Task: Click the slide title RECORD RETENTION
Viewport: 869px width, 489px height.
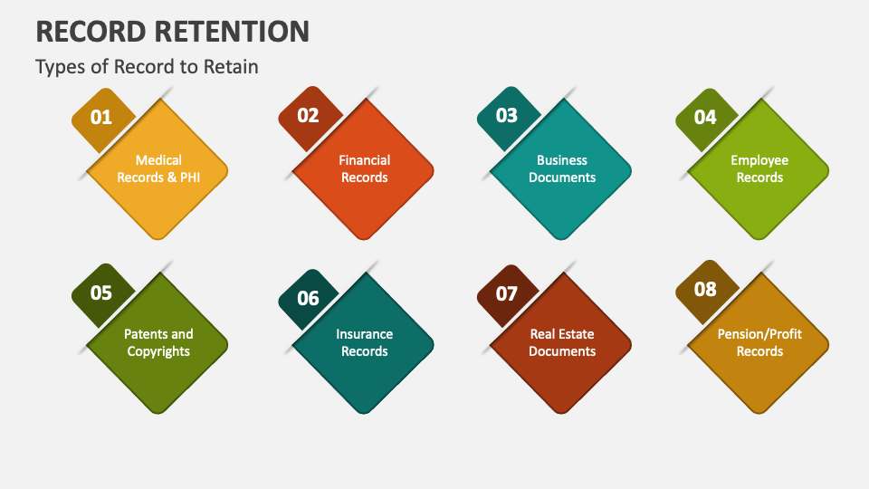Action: coord(172,31)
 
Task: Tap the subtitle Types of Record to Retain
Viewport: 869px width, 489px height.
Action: coord(147,67)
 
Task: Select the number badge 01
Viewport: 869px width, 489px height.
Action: coord(101,118)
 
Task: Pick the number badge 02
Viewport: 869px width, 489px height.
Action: coord(308,115)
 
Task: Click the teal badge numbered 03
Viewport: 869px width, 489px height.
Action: coord(506,116)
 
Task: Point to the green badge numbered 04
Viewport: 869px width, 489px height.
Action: coord(705,118)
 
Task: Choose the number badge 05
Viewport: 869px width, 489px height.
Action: coord(101,292)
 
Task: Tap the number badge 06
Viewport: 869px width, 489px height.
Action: coord(308,298)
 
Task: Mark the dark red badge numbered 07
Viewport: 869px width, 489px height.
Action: coord(506,294)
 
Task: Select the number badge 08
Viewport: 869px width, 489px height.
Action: coord(705,290)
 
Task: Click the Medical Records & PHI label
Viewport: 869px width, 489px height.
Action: coord(158,169)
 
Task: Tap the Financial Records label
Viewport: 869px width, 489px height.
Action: coord(365,169)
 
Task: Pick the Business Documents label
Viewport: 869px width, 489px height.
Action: coord(562,169)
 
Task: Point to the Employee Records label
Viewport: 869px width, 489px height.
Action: coord(759,169)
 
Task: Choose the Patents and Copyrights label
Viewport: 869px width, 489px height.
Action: coord(158,342)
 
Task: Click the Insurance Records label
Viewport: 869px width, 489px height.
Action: coord(365,342)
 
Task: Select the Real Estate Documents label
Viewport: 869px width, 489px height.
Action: coord(562,342)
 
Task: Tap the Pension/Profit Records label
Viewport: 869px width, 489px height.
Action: coord(759,342)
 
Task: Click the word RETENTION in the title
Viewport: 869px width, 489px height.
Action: coord(231,31)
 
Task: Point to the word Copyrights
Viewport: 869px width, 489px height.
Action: coord(158,351)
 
